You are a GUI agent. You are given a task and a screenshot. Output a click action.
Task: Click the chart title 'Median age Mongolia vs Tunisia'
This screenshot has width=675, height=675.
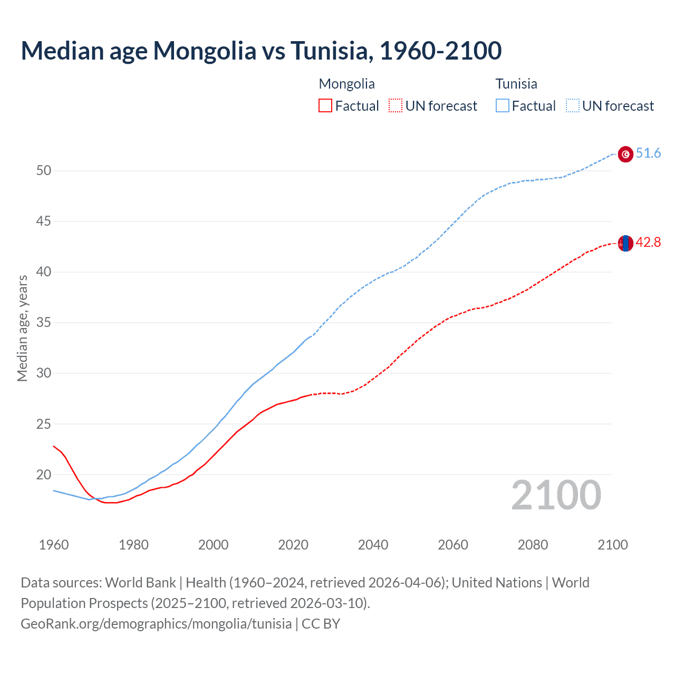(261, 51)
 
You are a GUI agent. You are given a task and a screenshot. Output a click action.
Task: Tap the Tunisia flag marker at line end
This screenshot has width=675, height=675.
(625, 154)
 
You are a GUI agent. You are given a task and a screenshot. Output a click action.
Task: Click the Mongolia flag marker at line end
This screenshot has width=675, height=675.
(625, 243)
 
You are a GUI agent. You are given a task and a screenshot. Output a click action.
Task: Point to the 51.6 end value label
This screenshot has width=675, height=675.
(648, 153)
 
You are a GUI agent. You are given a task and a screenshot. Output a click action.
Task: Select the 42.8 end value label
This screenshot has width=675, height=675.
(648, 243)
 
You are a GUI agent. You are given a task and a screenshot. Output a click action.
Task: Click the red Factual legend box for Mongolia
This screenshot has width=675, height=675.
(325, 106)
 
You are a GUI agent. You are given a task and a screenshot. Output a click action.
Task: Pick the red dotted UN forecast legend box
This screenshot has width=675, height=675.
(396, 106)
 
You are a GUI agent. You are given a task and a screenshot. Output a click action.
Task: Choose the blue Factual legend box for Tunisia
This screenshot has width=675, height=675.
(503, 106)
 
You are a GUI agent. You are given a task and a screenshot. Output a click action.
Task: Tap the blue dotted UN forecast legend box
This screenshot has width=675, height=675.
(573, 106)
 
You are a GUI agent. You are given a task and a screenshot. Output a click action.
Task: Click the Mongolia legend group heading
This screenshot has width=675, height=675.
(346, 84)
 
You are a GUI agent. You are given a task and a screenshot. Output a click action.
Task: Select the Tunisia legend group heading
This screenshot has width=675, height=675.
(516, 84)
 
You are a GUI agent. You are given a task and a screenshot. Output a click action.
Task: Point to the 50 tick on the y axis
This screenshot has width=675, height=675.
(44, 170)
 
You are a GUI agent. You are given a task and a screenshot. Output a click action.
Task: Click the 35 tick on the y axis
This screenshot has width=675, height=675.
(44, 322)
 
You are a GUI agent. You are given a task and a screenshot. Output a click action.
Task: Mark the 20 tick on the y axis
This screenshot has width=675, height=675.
(44, 475)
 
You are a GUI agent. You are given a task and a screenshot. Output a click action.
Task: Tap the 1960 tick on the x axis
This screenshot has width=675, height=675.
(54, 545)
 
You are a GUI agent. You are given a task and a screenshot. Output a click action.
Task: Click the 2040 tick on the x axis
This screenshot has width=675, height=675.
(373, 545)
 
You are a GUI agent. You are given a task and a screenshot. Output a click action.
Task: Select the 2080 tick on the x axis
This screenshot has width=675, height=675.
(533, 545)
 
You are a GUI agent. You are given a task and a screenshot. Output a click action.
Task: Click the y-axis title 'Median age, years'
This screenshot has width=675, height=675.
(22, 328)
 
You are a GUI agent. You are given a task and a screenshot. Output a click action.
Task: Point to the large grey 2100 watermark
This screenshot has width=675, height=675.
(556, 495)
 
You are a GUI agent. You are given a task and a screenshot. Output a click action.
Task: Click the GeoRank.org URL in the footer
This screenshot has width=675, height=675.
(156, 624)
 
